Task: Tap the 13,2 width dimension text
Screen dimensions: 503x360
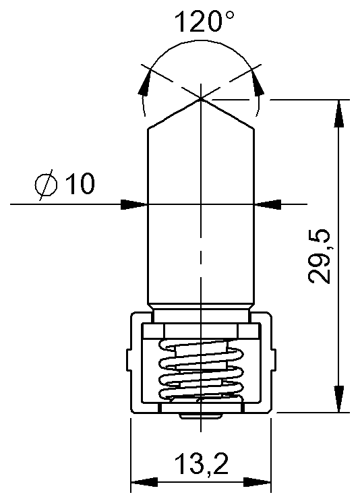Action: pos(201,465)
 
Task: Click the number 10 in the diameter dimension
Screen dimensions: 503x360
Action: pos(80,184)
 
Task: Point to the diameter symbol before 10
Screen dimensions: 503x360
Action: pos(45,184)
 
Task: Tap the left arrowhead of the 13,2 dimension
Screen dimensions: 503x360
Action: pos(142,482)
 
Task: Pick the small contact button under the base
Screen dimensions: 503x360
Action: pos(200,416)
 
